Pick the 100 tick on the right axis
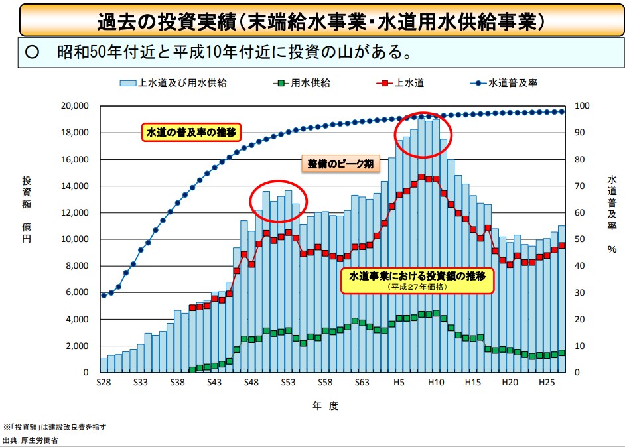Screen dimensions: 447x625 click(x=581, y=106)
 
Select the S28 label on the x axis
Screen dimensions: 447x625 click(x=104, y=383)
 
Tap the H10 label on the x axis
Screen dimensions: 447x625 click(x=435, y=383)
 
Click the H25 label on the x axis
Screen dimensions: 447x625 click(x=547, y=383)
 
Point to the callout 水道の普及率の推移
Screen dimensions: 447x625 click(x=191, y=132)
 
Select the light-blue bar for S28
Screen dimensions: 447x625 click(x=104, y=365)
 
